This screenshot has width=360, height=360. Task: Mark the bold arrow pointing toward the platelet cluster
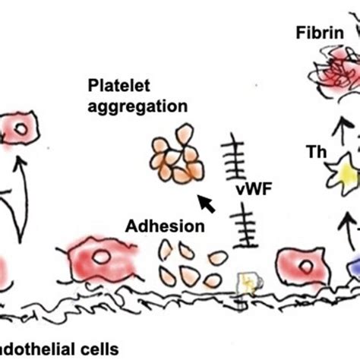coord(207,203)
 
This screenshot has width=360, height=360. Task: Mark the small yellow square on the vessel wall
coord(248,283)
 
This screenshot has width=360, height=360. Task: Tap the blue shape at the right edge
coord(354,270)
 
